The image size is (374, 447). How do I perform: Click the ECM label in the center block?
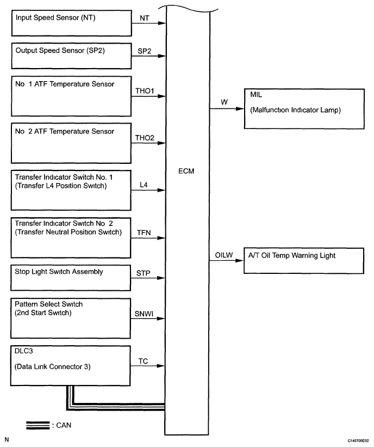point(188,171)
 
